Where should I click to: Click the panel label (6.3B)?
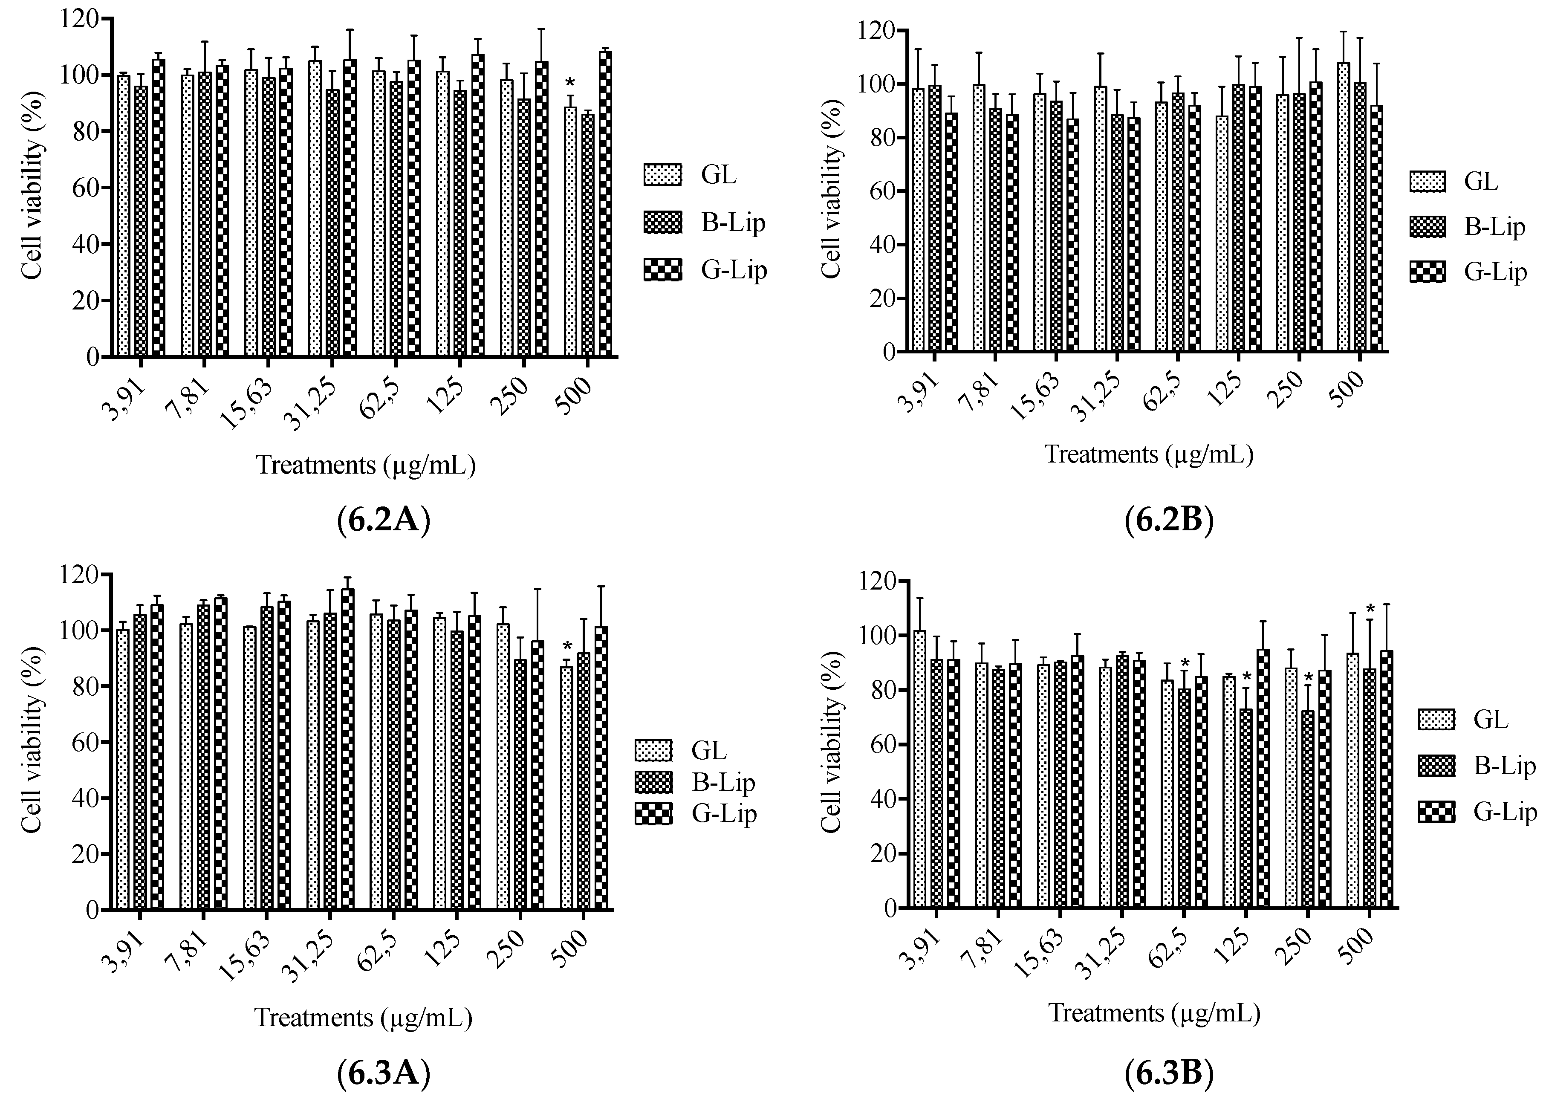pos(1170,1073)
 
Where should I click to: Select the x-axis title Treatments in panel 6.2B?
pos(1149,454)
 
